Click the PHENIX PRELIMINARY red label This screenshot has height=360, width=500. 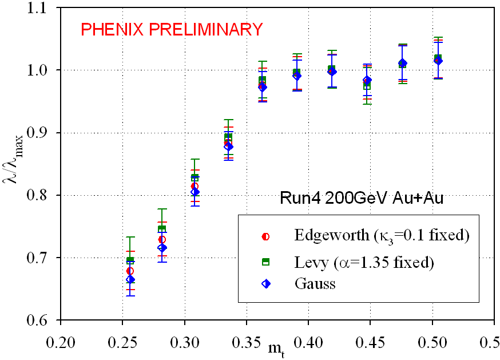(172, 29)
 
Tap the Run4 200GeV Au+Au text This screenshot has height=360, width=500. (362, 198)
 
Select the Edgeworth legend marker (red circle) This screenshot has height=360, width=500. (265, 236)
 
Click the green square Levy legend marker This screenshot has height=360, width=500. (265, 262)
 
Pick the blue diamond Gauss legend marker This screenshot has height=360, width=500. (265, 284)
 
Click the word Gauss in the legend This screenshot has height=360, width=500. (315, 283)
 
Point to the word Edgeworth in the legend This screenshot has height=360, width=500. (332, 236)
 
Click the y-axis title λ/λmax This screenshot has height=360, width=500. (13, 159)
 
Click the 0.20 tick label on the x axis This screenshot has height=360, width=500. (61, 343)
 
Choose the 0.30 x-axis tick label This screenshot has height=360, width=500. (185, 343)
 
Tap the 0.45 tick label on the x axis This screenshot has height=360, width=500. (370, 343)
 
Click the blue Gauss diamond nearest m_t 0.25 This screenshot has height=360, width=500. (130, 279)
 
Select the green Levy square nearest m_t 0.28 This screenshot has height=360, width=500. (162, 229)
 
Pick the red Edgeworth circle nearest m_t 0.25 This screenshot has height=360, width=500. (130, 271)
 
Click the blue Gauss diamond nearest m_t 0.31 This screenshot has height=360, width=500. (195, 192)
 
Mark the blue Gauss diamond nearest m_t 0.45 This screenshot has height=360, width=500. (367, 80)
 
